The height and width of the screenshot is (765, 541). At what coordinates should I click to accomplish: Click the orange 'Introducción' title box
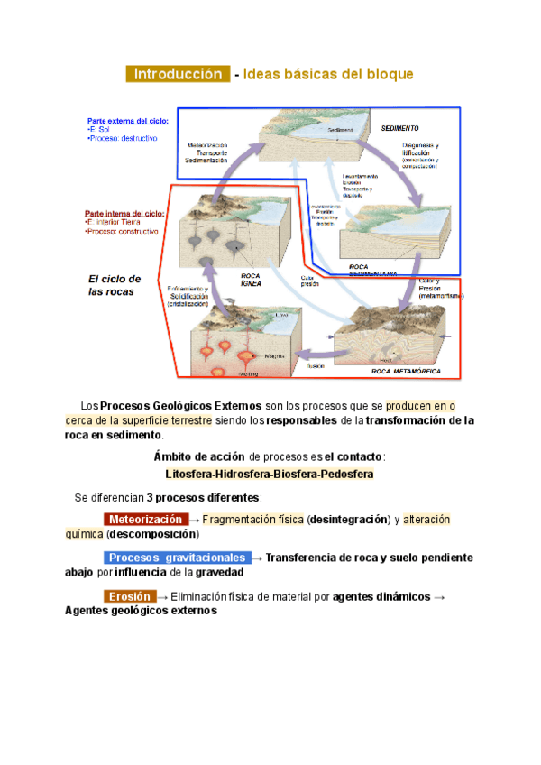pos(178,74)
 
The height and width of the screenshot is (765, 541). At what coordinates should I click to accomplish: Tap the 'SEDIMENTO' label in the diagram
pos(400,128)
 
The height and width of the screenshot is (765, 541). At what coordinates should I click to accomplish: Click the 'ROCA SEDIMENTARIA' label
pos(371,269)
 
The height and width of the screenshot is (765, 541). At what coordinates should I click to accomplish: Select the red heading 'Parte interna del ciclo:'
pos(124,214)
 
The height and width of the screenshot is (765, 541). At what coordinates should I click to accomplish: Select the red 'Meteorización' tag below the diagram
pos(145,520)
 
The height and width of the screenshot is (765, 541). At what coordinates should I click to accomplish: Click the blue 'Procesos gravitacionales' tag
pos(177,558)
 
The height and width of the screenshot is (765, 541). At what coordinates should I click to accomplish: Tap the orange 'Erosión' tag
pos(130,596)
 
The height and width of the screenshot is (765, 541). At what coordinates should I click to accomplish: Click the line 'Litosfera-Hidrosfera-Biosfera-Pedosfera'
pos(270,474)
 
